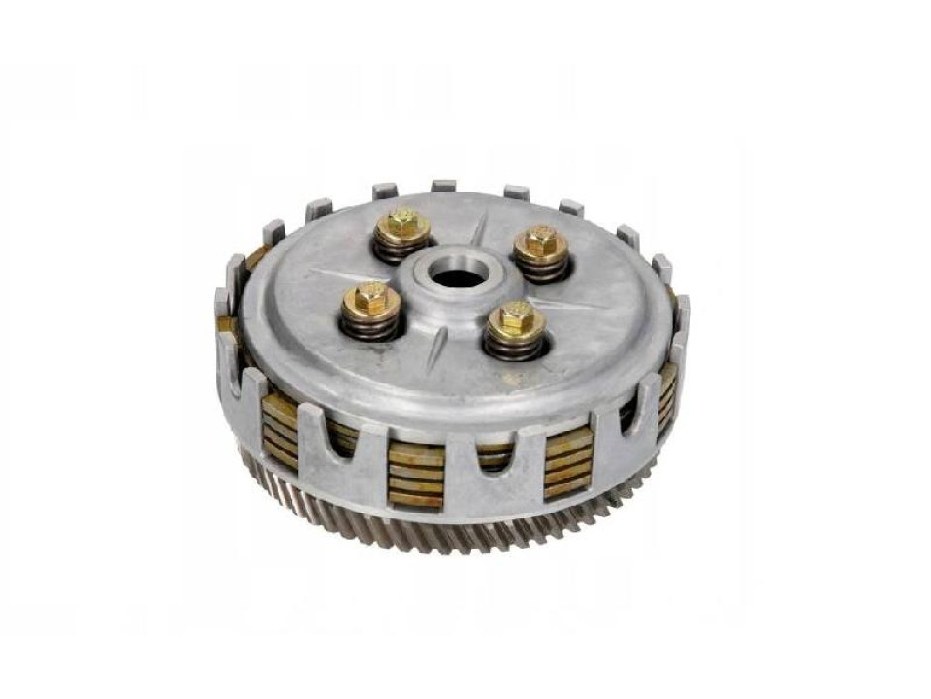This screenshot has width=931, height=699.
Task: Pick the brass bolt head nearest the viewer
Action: point(515,317)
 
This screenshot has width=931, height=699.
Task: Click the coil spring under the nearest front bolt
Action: point(515,344)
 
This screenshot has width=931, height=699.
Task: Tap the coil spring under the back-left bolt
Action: point(401,250)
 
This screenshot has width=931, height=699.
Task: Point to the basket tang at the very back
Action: point(443,184)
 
